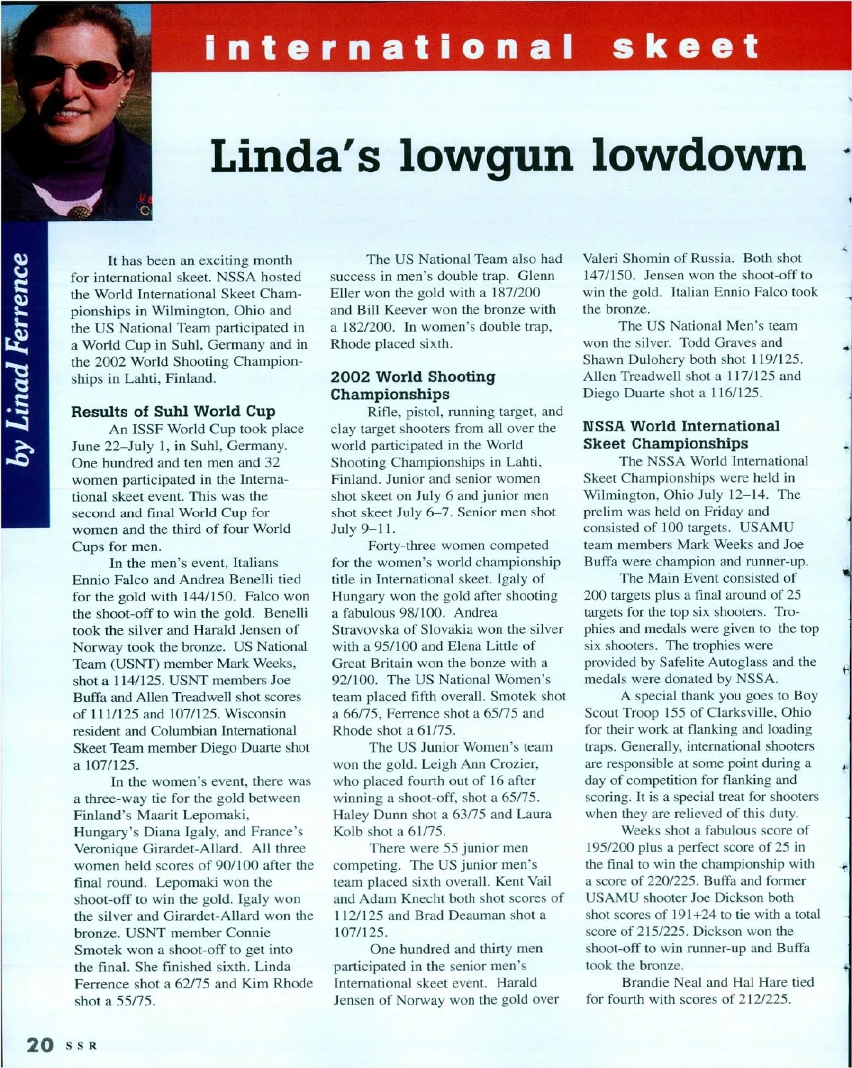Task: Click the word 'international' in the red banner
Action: pyautogui.click(x=388, y=47)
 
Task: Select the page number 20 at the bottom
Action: pyautogui.click(x=39, y=1045)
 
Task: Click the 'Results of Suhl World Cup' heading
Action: pyautogui.click(x=173, y=411)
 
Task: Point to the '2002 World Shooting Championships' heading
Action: pyautogui.click(x=413, y=385)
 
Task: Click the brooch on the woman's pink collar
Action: pyautogui.click(x=83, y=211)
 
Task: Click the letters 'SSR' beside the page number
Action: pyautogui.click(x=81, y=1046)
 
